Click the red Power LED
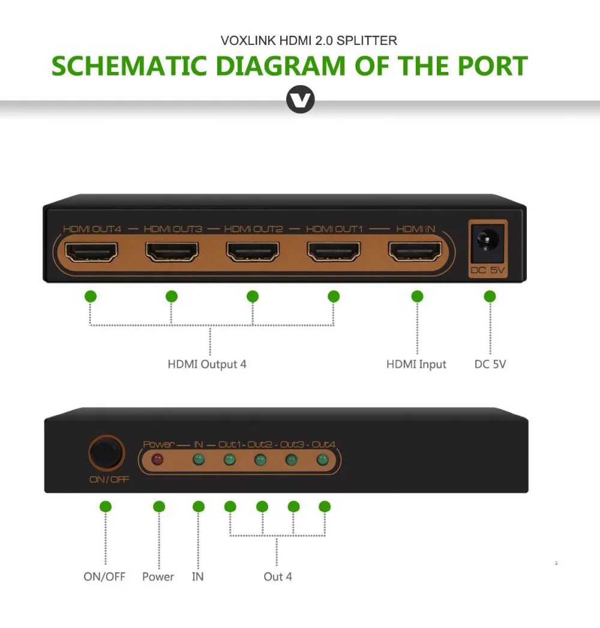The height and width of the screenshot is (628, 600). (158, 460)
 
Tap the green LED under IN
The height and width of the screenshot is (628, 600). (197, 460)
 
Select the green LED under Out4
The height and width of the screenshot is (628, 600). (323, 460)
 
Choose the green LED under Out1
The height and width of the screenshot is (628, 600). (229, 460)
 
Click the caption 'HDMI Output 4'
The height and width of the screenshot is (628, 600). (207, 364)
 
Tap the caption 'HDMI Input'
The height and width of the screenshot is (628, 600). (416, 364)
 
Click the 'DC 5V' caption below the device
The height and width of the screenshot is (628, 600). (490, 364)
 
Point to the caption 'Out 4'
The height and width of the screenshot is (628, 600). (278, 576)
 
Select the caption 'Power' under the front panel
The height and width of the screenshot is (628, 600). (158, 576)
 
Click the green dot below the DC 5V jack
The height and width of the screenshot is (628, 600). (490, 296)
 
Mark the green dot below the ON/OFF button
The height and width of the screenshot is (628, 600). (106, 507)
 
